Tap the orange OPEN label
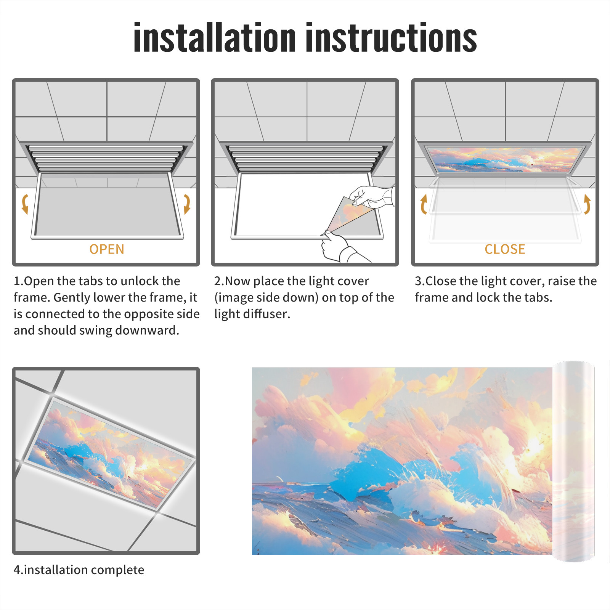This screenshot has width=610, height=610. (x=107, y=249)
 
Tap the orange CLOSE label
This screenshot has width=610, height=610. (x=505, y=249)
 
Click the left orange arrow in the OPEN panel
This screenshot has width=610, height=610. (x=25, y=204)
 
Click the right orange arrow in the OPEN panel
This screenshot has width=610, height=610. (x=187, y=204)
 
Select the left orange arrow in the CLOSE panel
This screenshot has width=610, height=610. (x=424, y=204)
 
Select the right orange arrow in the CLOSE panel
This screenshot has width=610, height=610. (x=587, y=204)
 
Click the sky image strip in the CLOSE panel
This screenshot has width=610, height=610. (x=505, y=160)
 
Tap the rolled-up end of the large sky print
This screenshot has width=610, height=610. (x=573, y=461)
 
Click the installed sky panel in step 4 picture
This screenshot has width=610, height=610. (x=110, y=454)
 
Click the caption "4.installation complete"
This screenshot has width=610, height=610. (x=79, y=570)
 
